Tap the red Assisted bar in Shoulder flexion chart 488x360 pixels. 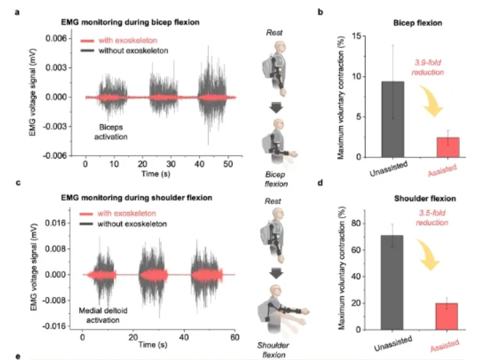coord(446,317)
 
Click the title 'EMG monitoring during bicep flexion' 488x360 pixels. coord(130,22)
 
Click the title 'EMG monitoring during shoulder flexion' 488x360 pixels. coord(137,198)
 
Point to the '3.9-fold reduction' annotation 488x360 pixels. coord(428,67)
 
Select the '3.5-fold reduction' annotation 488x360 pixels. coord(432,217)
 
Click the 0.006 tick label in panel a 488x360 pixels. coord(56,38)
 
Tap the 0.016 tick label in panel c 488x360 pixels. coord(55,223)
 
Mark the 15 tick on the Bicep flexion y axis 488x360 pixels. coord(357,36)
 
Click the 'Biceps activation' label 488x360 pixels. coord(111,132)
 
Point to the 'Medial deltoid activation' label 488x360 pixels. coord(103,315)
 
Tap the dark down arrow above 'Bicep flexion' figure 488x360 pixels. coord(276,108)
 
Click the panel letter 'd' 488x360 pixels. coord(320,183)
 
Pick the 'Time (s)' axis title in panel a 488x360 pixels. coord(156,174)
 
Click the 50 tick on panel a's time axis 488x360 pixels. coord(228,164)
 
